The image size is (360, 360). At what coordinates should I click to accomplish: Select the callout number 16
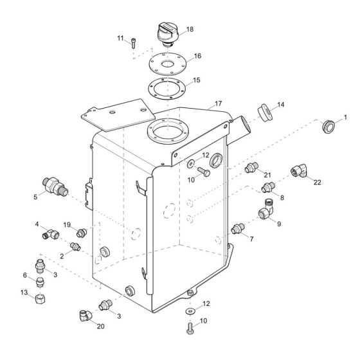(197, 56)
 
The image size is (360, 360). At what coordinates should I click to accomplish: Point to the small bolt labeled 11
(133, 43)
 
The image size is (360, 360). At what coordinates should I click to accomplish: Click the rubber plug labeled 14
(263, 112)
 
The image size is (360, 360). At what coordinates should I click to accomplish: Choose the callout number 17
(219, 103)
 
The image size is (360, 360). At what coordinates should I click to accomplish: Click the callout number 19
(66, 224)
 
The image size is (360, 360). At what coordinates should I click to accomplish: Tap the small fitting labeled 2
(75, 247)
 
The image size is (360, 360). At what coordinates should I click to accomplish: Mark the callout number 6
(25, 275)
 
